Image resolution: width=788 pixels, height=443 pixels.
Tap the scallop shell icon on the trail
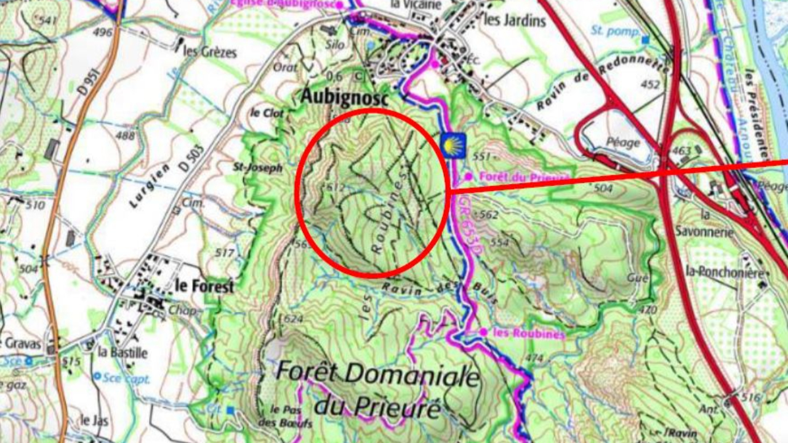pos(453,146)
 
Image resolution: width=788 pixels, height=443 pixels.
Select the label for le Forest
pos(204,286)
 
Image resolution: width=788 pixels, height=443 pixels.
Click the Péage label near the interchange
pos(622,143)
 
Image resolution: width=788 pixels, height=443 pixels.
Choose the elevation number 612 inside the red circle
pos(336,187)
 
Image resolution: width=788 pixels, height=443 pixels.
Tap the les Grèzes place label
pos(210,52)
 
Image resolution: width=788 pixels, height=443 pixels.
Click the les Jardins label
pos(515,20)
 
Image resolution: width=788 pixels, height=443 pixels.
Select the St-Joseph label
pos(257,167)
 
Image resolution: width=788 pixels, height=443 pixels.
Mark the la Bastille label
pos(123,353)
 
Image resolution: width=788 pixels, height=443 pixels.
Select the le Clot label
pos(264,113)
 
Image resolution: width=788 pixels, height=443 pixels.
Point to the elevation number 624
pos(294,319)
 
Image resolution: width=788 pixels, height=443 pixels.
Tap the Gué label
pos(638,278)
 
